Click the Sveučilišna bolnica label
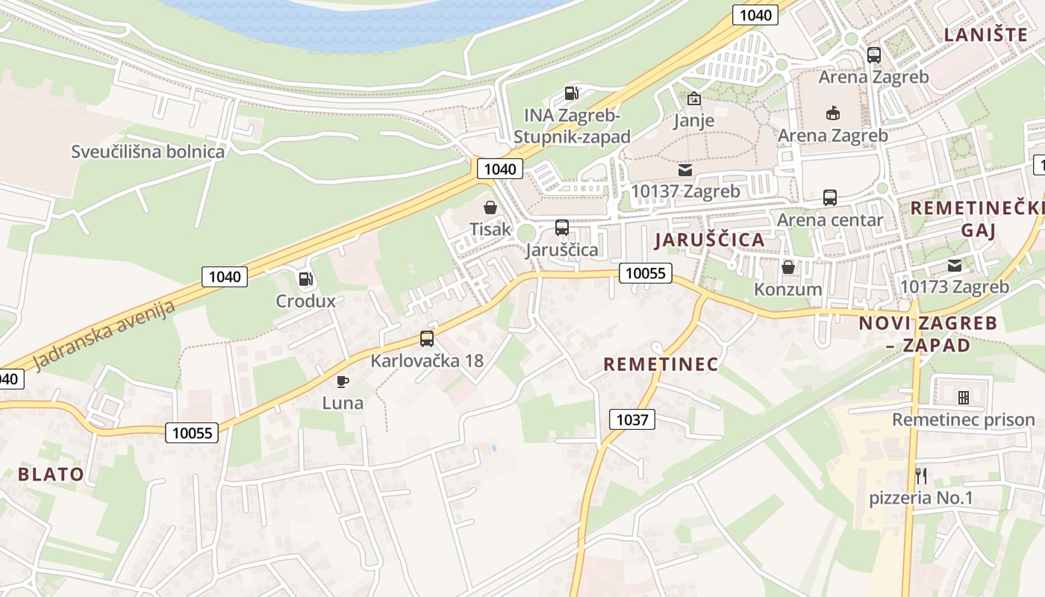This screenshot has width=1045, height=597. (148, 151)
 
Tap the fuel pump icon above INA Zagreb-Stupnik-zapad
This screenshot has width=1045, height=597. (572, 93)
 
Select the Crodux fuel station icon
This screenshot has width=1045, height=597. (305, 279)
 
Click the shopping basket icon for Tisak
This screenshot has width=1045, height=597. (490, 207)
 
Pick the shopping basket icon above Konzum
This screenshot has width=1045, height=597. (787, 266)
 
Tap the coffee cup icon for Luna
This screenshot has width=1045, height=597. (343, 381)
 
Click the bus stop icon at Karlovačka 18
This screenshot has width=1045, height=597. (427, 338)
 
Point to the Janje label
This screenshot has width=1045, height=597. (693, 120)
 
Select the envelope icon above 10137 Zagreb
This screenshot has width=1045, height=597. (685, 170)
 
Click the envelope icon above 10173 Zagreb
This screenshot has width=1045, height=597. (955, 265)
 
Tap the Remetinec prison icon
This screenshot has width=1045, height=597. (964, 397)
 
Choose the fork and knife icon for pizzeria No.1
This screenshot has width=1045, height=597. (921, 475)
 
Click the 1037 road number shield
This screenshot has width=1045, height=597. (631, 419)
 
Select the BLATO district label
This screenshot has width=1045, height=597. (51, 474)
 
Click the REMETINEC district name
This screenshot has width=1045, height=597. (661, 364)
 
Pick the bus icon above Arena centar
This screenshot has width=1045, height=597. (829, 198)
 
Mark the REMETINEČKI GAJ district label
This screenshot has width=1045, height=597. (976, 218)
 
